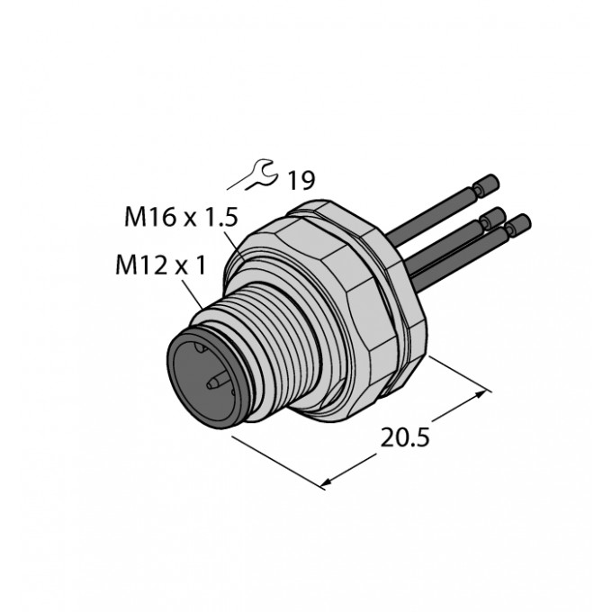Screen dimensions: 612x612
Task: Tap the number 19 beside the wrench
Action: [x=301, y=180]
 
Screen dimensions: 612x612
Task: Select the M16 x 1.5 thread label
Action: [x=181, y=217]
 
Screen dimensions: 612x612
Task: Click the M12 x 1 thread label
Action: [x=160, y=265]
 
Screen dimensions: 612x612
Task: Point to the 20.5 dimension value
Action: [x=405, y=437]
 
